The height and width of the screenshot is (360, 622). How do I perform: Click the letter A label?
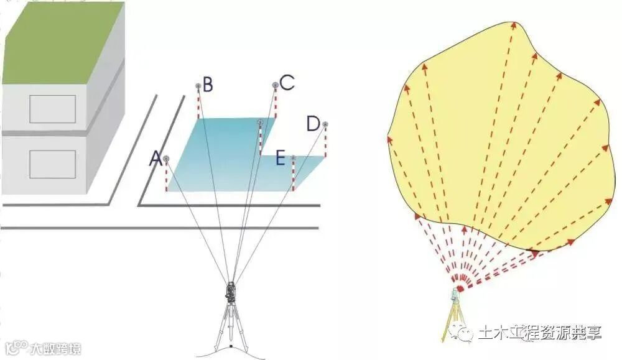(x=155, y=160)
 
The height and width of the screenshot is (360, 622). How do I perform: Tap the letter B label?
(x=208, y=85)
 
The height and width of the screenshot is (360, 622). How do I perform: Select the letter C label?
(x=286, y=83)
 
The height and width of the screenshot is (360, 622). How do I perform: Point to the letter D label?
(x=313, y=124)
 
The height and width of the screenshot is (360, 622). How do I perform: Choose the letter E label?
(x=281, y=159)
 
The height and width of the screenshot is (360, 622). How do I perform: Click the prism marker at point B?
(x=198, y=86)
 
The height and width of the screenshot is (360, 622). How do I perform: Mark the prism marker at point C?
(x=275, y=85)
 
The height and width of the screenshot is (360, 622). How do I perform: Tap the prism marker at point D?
(x=325, y=124)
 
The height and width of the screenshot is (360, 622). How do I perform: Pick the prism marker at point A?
(x=166, y=159)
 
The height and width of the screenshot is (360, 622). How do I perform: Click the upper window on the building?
(x=53, y=109)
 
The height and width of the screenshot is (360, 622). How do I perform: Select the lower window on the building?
(x=53, y=165)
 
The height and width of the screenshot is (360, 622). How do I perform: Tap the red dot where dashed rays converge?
(x=460, y=288)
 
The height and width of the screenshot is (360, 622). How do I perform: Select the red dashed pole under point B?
(x=198, y=103)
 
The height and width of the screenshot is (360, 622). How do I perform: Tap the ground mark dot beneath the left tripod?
(x=231, y=346)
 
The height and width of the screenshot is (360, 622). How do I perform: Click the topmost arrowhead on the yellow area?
(x=514, y=25)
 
